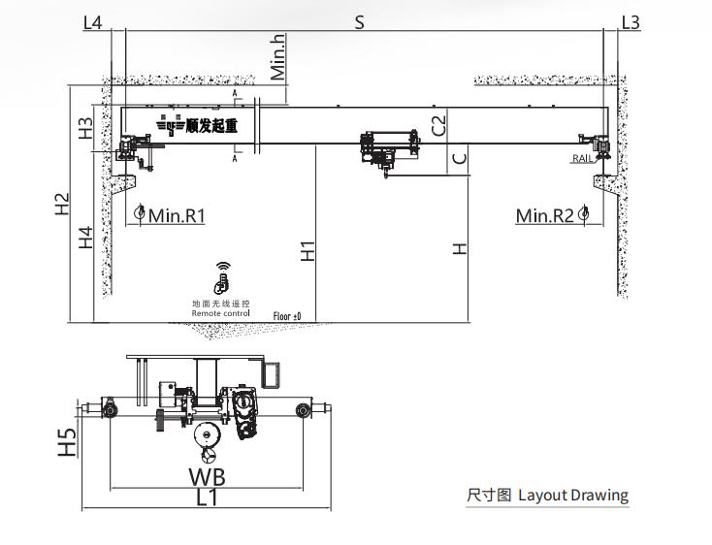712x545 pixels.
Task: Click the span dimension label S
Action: pos(359,21)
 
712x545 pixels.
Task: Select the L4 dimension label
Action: pos(93,21)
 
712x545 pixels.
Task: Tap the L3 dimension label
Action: pos(630,21)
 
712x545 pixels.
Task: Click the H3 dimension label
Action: pos(86,128)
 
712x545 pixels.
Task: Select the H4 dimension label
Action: pos(86,237)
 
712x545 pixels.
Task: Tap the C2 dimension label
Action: pos(438,124)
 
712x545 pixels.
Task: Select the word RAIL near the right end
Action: pos(582,158)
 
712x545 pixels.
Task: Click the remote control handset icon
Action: pos(223,280)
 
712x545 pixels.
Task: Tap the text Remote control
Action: pos(220,314)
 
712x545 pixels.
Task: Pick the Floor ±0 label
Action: pos(287,316)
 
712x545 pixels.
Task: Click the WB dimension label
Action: pos(208,476)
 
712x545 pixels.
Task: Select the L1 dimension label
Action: pos(208,498)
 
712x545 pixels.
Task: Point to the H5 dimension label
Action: pos(66,443)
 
